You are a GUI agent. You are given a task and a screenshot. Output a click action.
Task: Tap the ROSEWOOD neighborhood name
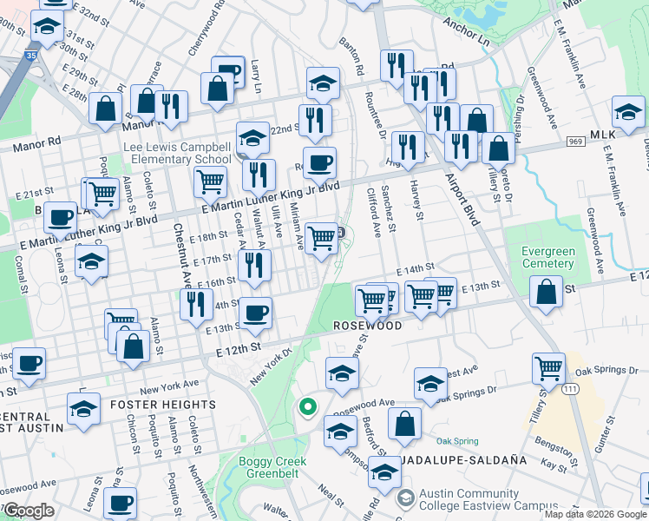coord(369,326)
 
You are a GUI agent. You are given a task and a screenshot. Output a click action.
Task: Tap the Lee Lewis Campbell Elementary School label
coord(177,154)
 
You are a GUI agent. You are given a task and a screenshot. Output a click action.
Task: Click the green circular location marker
coord(306,406)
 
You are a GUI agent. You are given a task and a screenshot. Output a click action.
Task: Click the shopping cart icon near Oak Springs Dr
coord(548,368)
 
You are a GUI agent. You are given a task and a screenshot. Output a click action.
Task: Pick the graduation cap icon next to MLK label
coord(627,112)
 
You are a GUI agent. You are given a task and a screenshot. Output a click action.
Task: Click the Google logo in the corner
coord(29,511)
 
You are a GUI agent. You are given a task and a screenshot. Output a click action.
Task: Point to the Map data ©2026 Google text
coord(595,514)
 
